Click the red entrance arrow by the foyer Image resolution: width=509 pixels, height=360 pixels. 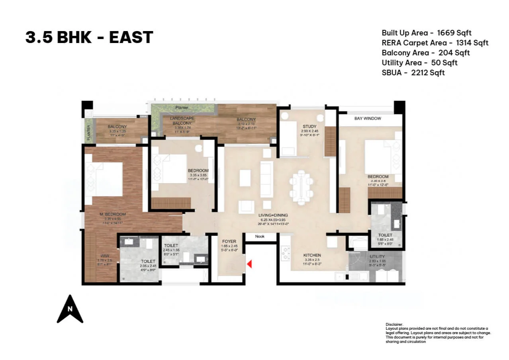(x=250, y=264)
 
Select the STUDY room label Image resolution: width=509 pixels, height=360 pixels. (x=309, y=127)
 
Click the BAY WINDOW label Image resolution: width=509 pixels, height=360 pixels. (x=368, y=118)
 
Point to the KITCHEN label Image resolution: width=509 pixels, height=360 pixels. (x=312, y=255)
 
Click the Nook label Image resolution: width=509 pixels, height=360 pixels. (x=260, y=237)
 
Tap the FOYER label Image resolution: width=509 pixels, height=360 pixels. (x=229, y=241)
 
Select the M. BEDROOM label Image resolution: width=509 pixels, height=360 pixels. (x=112, y=214)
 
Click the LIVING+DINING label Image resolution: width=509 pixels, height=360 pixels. (x=273, y=215)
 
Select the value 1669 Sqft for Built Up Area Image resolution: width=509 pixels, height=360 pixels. (x=454, y=33)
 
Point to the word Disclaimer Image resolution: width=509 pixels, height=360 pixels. (x=394, y=325)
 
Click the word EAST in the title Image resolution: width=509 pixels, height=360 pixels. (x=131, y=37)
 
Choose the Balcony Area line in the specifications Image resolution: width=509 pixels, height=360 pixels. (x=425, y=53)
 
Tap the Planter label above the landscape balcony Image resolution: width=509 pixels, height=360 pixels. (x=182, y=108)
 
